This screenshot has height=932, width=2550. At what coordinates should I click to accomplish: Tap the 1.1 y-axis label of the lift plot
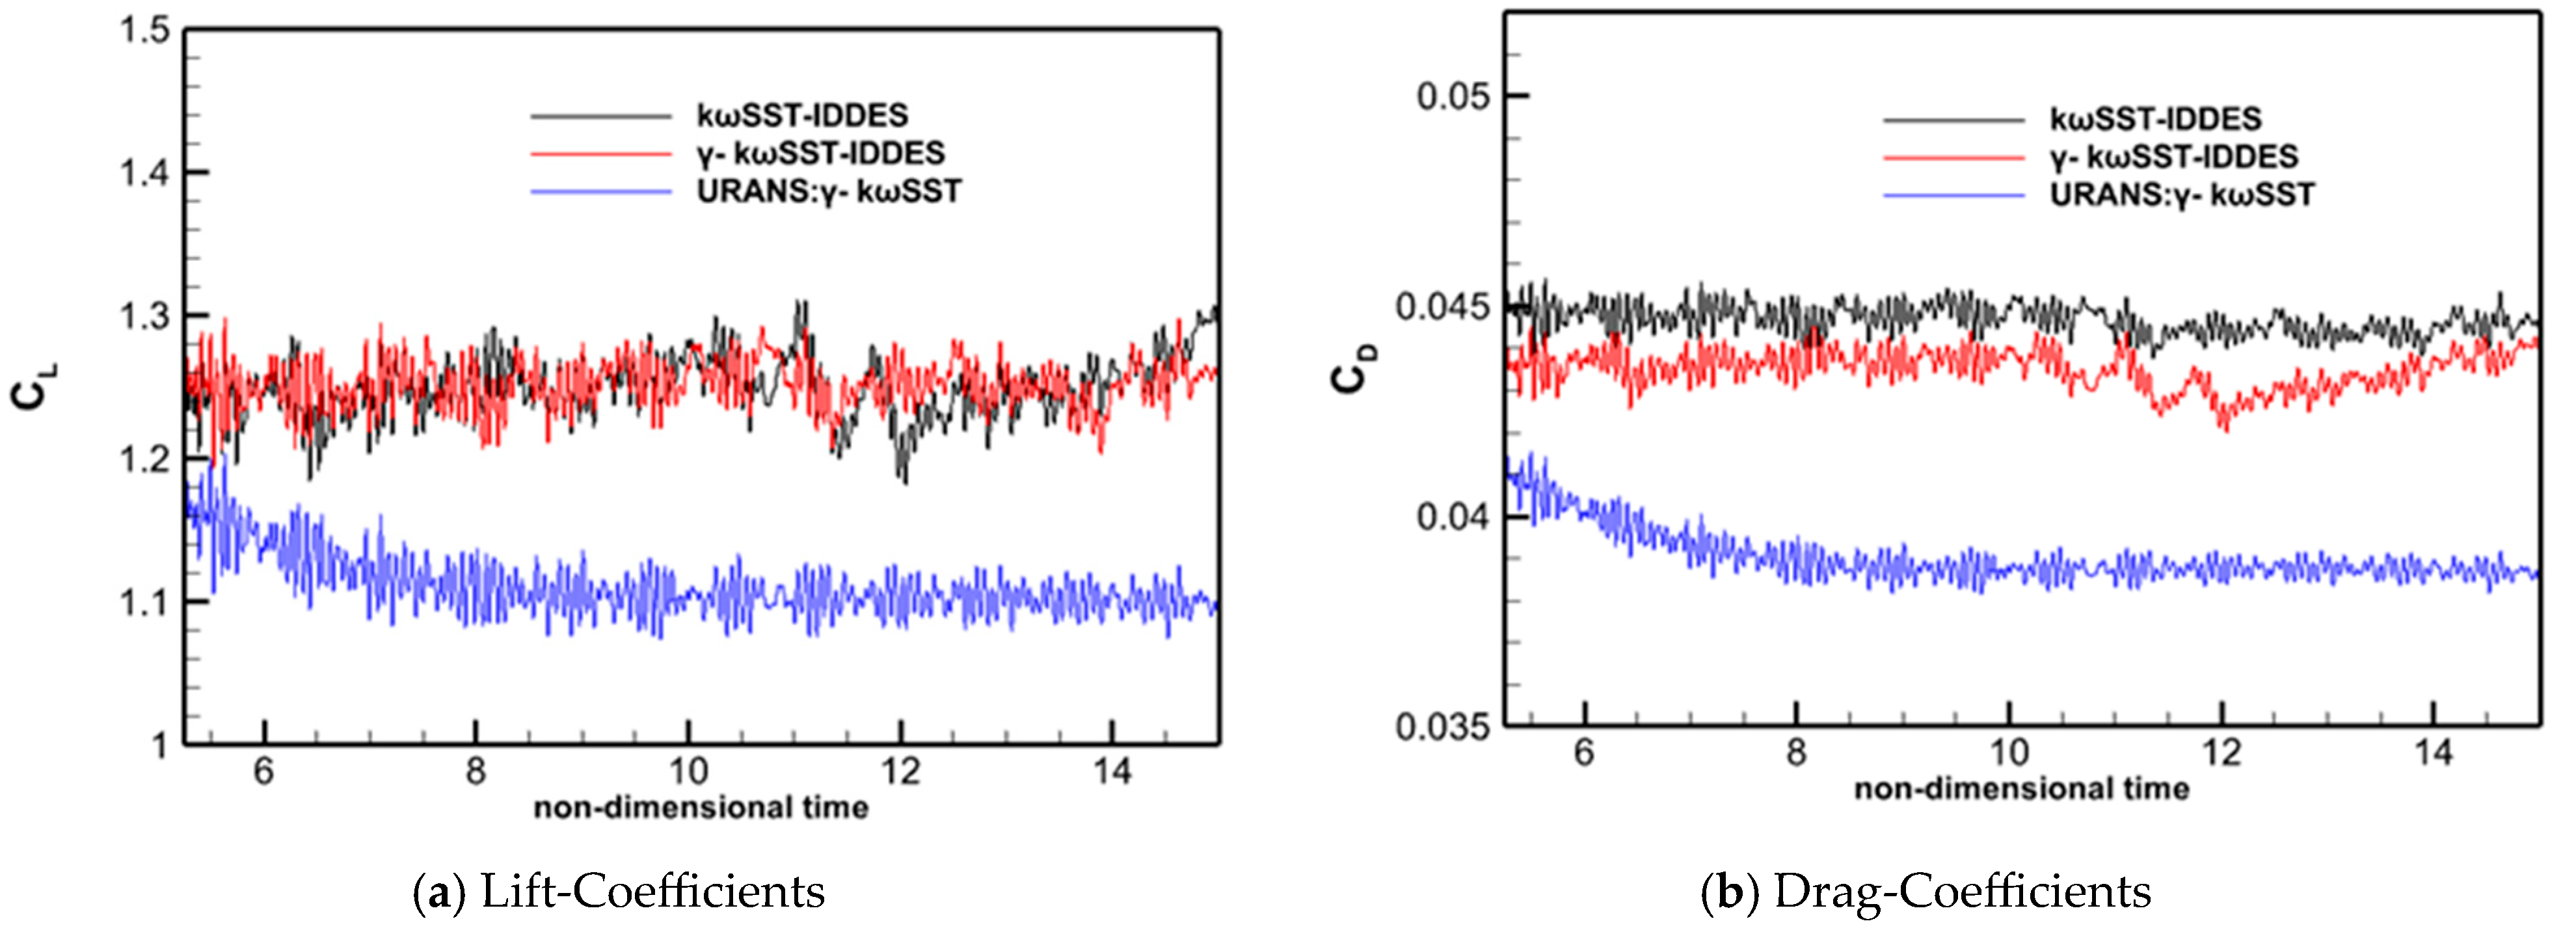coord(144,602)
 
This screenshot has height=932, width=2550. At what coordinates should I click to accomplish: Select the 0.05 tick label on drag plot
coord(1452,97)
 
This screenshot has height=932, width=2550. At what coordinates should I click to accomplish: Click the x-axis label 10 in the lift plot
coord(688,771)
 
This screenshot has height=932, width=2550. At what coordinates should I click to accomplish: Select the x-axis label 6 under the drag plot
coord(1584,753)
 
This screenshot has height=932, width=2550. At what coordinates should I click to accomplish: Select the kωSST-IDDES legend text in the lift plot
coord(802,116)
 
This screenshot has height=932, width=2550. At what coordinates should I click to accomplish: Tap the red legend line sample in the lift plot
coord(601,154)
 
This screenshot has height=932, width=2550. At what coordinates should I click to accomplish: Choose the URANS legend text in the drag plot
coord(2182,195)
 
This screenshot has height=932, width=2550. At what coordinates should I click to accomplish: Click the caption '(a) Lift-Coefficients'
coord(619,892)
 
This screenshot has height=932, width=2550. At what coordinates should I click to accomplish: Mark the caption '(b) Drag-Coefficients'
coord(1926,892)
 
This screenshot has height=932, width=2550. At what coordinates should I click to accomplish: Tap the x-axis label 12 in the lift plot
coord(901,771)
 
